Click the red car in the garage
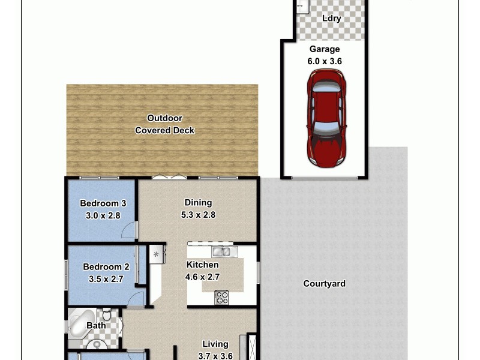326,118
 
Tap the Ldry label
331,19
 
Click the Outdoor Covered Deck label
164,124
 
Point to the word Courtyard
324,284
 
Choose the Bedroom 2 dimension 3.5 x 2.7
106,279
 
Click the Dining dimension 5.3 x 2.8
198,215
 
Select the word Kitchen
202,265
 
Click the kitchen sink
221,251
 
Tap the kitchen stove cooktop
221,296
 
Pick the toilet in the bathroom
107,314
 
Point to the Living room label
215,344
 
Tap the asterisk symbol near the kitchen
157,254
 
